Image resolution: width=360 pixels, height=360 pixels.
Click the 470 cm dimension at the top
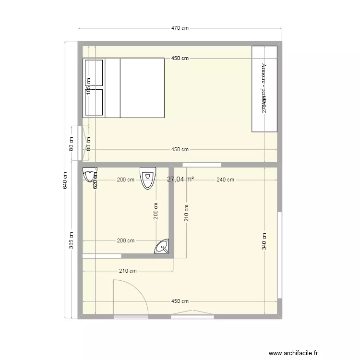pyautogui.click(x=180, y=28)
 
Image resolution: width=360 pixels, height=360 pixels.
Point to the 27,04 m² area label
pyautogui.click(x=180, y=179)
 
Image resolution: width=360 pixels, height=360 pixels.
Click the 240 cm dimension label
pyautogui.click(x=225, y=180)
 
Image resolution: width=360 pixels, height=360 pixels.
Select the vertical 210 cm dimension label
pyautogui.click(x=186, y=213)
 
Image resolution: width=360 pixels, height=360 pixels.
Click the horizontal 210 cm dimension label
pyautogui.click(x=128, y=271)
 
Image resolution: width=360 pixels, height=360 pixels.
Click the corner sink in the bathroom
pyautogui.click(x=162, y=247)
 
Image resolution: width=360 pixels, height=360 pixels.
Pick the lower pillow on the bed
pyautogui.click(x=94, y=102)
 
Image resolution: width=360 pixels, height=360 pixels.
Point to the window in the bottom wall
pyautogui.click(x=192, y=316)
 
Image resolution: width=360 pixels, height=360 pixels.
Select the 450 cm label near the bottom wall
pyautogui.click(x=180, y=301)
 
